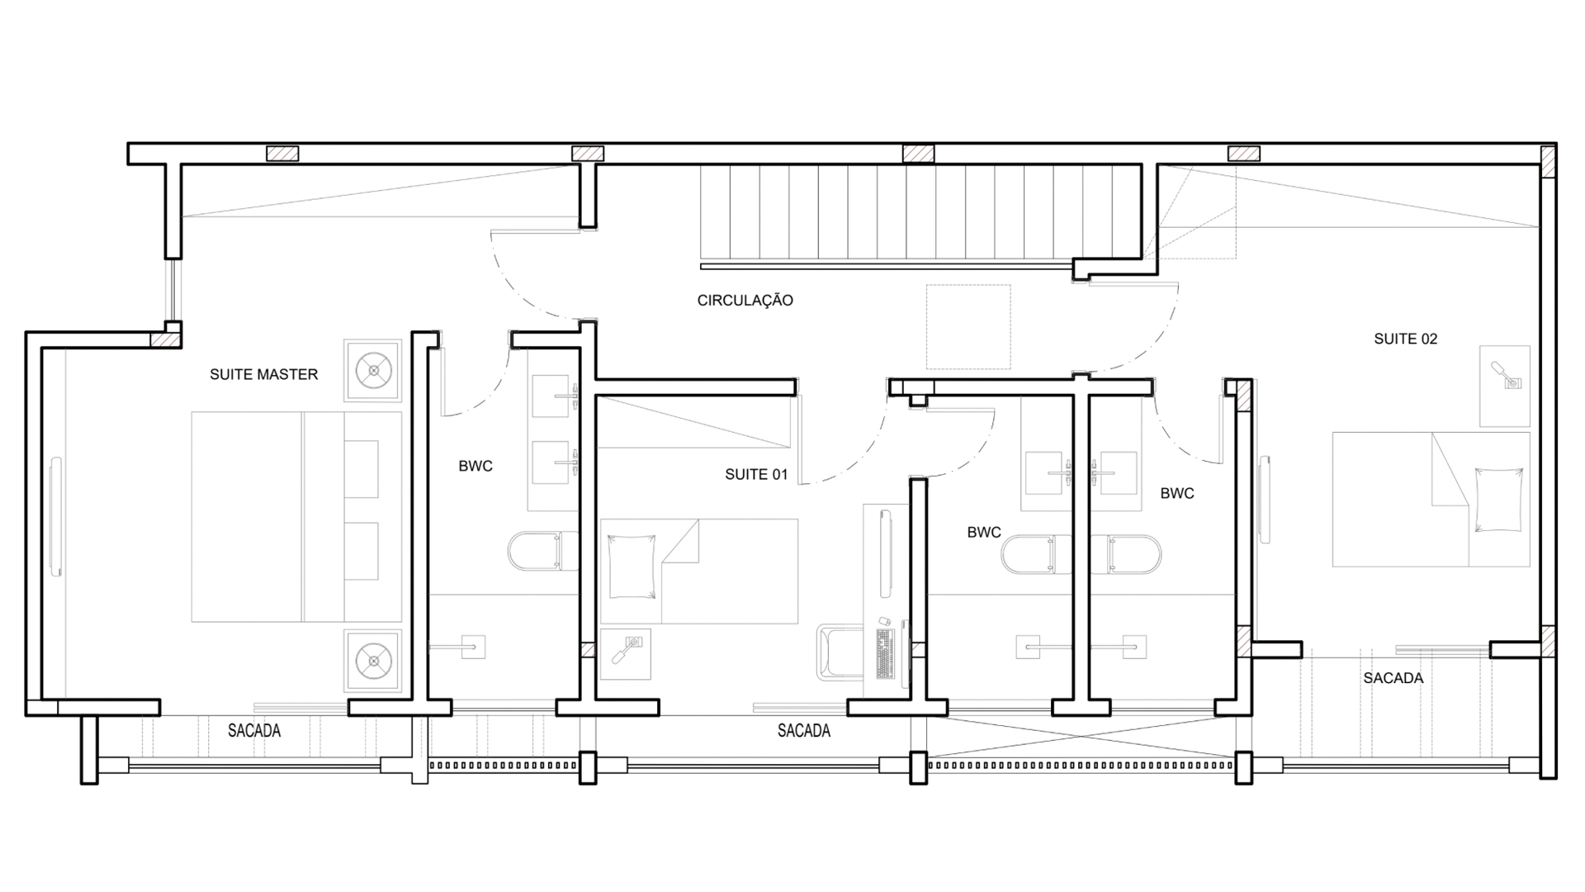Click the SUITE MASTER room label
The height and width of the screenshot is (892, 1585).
click(x=263, y=374)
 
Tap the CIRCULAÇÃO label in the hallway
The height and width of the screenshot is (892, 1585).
click(x=745, y=301)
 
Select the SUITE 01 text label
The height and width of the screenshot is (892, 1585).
click(x=756, y=474)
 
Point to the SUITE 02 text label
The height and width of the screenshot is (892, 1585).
click(x=1405, y=339)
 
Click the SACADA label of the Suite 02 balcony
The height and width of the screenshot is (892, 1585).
click(x=1393, y=678)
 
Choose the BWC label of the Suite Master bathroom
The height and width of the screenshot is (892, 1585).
click(x=475, y=466)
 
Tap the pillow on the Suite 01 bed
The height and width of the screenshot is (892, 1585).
click(x=632, y=567)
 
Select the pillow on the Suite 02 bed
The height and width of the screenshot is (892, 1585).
click(x=1498, y=499)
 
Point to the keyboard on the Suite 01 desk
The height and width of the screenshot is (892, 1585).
click(x=885, y=653)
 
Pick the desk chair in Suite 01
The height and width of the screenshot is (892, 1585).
click(x=838, y=652)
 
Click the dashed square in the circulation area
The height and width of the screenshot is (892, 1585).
click(x=968, y=326)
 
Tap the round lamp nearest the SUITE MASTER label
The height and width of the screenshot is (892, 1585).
click(x=374, y=370)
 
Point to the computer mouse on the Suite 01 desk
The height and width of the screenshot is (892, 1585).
click(x=883, y=619)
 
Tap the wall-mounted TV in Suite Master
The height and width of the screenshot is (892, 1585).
click(x=55, y=517)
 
